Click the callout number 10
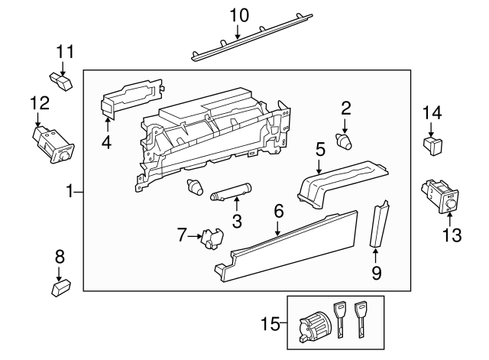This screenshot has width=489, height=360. point(239,15)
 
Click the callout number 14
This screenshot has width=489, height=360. point(432,114)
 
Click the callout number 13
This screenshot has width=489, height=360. point(452,235)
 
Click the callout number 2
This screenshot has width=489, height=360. point(345,108)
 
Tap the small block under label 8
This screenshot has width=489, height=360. point(60,288)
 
